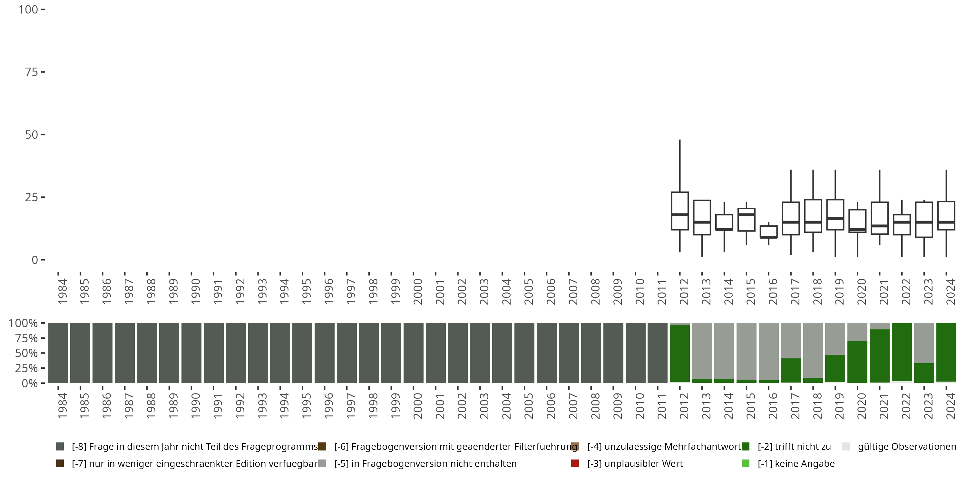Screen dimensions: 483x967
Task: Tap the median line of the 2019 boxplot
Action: pos(835,218)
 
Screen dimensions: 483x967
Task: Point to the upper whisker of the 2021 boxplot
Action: pos(880,185)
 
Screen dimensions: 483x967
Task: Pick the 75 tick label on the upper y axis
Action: pos(32,72)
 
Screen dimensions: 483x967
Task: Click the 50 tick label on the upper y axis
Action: pos(32,135)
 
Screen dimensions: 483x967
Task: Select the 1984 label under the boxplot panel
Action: pos(62,292)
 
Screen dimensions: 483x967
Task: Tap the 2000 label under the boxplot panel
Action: pos(417,292)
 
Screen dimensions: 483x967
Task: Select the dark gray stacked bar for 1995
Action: pos(302,353)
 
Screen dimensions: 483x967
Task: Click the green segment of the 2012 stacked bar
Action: pos(679,353)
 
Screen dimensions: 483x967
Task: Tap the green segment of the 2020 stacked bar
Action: pos(857,362)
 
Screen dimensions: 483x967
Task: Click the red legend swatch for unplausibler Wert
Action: pos(575,463)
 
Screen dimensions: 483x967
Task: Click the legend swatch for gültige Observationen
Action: pos(846,447)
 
